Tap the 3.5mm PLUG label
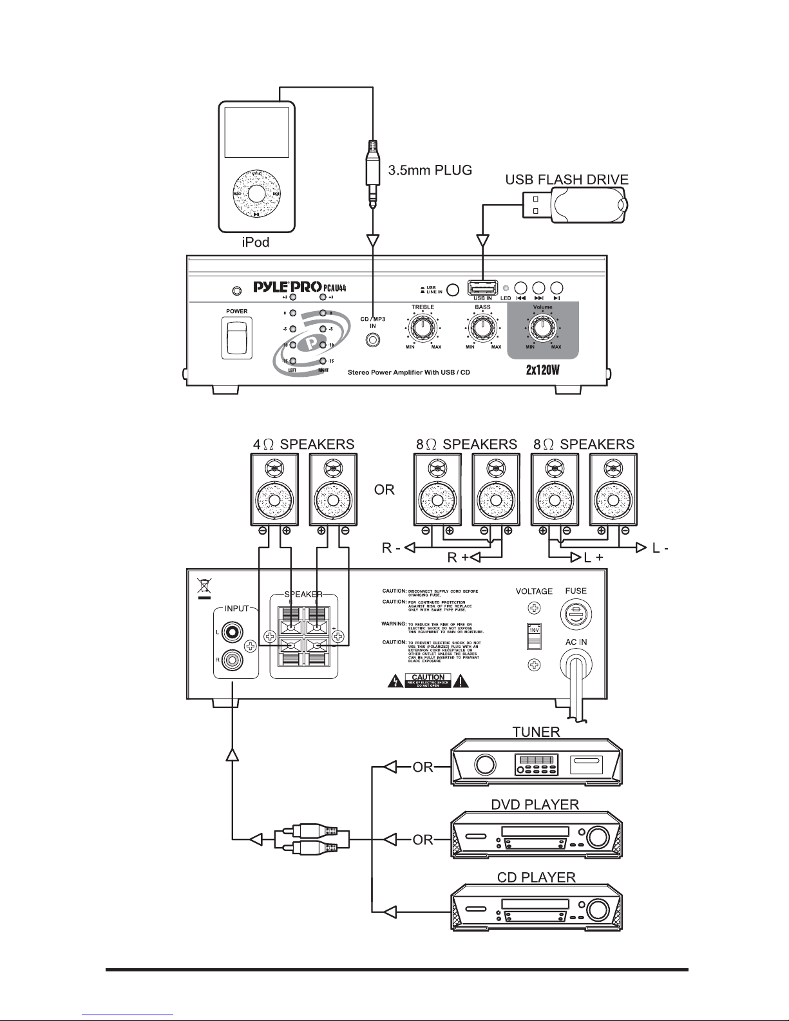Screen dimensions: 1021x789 430,171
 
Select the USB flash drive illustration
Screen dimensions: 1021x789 575,205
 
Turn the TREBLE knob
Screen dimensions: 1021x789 423,329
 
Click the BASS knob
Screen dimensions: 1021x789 482,329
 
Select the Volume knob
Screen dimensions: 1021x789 542,329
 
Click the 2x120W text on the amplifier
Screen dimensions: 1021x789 543,372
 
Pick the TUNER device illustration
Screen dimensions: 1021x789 537,764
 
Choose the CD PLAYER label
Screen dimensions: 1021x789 537,877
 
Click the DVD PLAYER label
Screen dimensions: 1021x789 538,805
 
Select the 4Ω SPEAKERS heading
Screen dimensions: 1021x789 303,444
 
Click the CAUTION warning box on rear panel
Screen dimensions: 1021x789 428,680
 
